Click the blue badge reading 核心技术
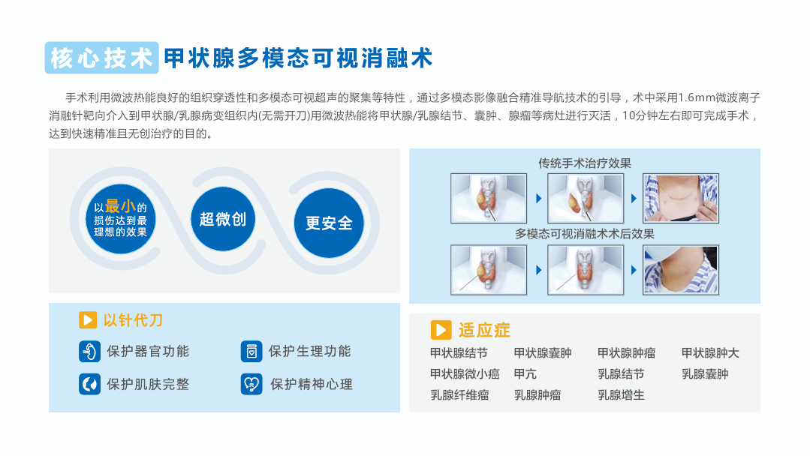pos(102,58)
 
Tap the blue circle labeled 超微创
pos(223,219)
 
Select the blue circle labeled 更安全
pos(329,223)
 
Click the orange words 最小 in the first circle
pos(120,206)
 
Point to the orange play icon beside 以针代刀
pos(88,319)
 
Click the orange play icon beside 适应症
pos(441,329)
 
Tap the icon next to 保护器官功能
pos(89,352)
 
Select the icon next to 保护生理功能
pos(251,351)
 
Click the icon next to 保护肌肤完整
pos(89,384)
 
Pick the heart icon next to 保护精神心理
pos(251,384)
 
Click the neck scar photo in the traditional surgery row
pos(681,198)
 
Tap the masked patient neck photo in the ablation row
pos(681,270)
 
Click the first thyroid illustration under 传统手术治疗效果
pos(489,198)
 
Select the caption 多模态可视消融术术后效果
pos(585,234)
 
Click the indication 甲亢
pos(525,374)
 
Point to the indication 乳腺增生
pos(621,395)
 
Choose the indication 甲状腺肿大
pos(710,352)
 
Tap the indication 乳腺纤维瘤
pos(459,395)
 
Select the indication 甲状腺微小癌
pos(465,374)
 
